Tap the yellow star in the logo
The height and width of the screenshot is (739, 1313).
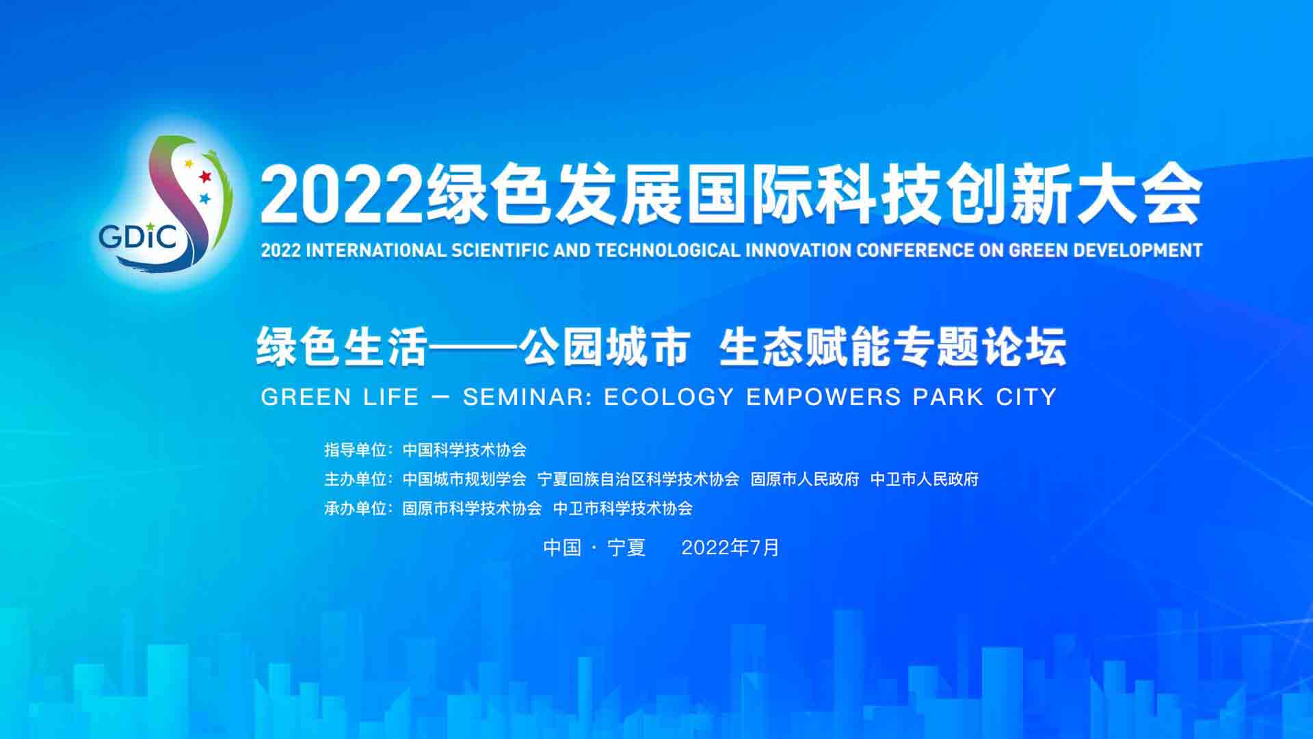[189, 164]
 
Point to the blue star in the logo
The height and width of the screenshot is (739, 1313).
[204, 199]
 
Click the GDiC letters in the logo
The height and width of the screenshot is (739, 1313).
[138, 236]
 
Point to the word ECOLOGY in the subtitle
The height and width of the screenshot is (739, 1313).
[669, 397]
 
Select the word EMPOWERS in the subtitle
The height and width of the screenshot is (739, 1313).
[824, 397]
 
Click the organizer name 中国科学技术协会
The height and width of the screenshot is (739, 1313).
[464, 450]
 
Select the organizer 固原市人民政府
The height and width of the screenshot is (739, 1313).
[805, 479]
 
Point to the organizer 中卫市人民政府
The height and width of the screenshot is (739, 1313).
[925, 479]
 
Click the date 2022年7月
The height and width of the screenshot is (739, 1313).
[730, 547]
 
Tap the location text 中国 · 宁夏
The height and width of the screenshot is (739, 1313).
[594, 547]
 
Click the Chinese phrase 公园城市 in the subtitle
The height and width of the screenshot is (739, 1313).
[603, 348]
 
